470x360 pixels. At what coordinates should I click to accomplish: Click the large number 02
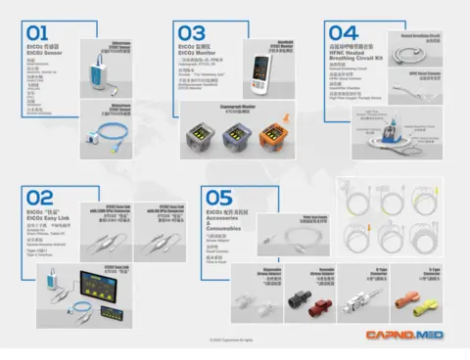click(x=36, y=198)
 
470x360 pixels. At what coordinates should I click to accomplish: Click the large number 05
click(x=221, y=198)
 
